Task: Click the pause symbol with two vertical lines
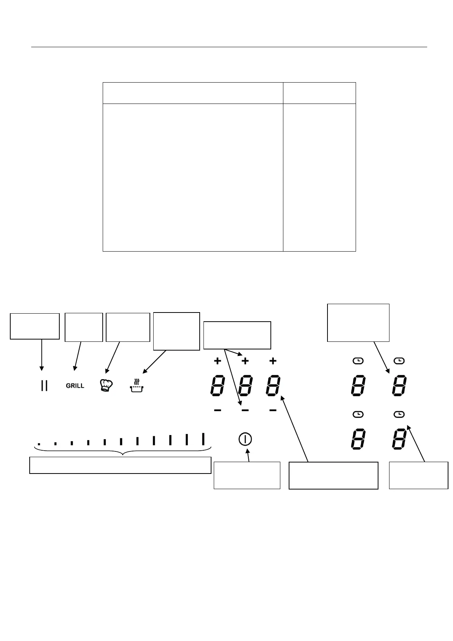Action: (x=44, y=386)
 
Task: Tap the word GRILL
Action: (x=75, y=386)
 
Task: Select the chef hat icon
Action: (x=106, y=385)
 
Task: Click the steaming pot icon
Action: (x=137, y=386)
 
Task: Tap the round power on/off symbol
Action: (x=245, y=439)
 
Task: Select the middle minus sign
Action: (x=245, y=410)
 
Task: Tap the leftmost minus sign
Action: (x=218, y=410)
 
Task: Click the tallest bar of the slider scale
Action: (x=203, y=438)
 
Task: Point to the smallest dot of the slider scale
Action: (x=39, y=443)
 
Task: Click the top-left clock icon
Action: (x=358, y=360)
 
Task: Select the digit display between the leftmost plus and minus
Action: (x=217, y=386)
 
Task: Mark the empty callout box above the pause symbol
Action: (x=35, y=326)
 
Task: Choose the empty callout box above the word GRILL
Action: (x=84, y=327)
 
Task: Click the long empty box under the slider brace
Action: (x=120, y=465)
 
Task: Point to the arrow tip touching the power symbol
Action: (x=248, y=449)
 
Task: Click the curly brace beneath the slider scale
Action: (x=122, y=451)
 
